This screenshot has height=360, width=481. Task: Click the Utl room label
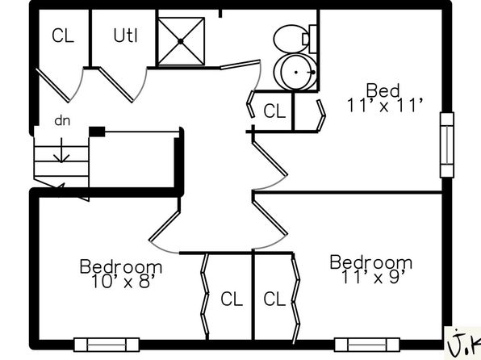[125, 35]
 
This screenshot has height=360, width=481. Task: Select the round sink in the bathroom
[295, 73]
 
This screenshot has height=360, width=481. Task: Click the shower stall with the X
[181, 41]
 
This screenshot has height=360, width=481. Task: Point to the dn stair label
[62, 120]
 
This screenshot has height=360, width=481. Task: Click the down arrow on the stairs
[61, 150]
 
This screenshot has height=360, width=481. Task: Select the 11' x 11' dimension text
[385, 106]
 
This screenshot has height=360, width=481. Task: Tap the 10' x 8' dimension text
[124, 282]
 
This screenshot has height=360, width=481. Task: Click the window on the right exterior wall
[447, 144]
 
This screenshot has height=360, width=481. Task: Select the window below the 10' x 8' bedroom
[107, 345]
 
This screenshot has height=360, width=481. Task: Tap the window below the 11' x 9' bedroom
[367, 345]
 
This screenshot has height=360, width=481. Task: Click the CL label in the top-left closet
[63, 36]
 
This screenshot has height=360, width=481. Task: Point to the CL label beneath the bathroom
[274, 111]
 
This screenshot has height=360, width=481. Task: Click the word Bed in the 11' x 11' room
[383, 90]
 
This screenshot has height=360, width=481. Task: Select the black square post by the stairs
[97, 132]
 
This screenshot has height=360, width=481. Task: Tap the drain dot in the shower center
[181, 41]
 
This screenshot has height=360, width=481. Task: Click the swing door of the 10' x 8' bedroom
[165, 226]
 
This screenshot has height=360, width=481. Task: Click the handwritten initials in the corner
[464, 343]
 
